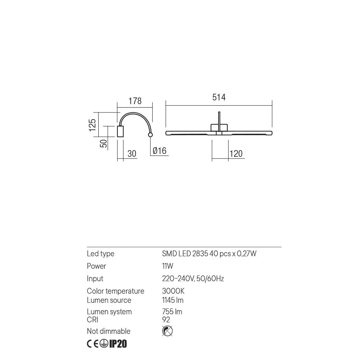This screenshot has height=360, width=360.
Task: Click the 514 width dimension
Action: (219, 97)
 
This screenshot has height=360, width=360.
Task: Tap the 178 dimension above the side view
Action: (135, 101)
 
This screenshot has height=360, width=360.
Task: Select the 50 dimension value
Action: (104, 143)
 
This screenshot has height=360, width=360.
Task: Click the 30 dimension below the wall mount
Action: (131, 153)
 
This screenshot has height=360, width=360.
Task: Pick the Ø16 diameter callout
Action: (159, 151)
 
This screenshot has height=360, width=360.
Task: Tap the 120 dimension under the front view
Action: (236, 153)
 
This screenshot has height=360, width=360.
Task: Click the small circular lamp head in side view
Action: (150, 135)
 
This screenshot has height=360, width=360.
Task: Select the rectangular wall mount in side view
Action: (121, 131)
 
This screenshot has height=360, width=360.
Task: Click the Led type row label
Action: (100, 254)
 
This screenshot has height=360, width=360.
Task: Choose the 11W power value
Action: (168, 266)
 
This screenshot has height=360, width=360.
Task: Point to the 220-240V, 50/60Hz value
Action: (193, 279)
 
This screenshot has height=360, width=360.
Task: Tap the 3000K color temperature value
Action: (173, 291)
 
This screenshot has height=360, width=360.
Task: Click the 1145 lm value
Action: (173, 300)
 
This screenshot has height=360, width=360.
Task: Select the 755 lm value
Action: (172, 312)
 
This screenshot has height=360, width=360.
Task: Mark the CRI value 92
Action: (166, 320)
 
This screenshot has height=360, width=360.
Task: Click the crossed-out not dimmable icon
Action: (168, 331)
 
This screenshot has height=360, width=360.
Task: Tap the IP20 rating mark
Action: (118, 344)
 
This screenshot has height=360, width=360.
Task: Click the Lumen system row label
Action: (109, 312)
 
